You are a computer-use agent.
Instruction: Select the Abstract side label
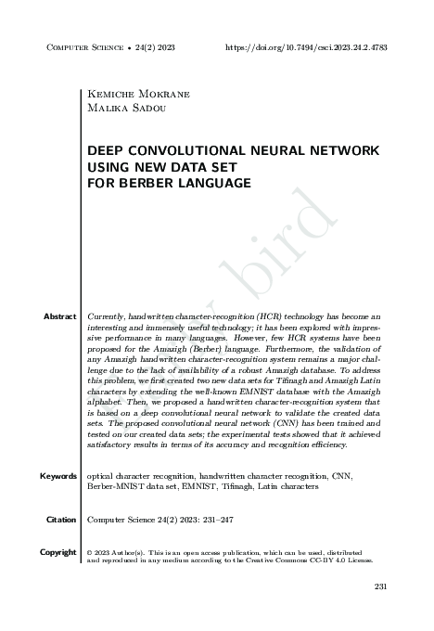(59, 316)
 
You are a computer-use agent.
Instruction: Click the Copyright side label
(57, 552)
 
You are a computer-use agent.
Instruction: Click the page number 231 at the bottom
(379, 586)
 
